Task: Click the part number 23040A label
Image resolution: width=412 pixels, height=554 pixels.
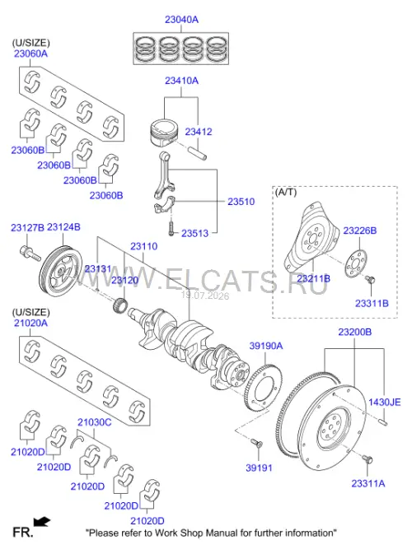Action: tap(181, 20)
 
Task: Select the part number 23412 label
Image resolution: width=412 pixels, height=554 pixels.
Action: tap(199, 132)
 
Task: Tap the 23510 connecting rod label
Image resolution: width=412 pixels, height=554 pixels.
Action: tap(241, 202)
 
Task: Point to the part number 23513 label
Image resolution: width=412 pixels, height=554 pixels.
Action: tap(194, 233)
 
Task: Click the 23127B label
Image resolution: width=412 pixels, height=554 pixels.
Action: tap(27, 227)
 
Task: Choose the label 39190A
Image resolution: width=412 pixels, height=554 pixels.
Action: tap(266, 346)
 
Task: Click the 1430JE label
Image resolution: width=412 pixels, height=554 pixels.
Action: tap(385, 402)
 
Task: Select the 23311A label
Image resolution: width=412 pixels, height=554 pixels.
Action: tap(368, 483)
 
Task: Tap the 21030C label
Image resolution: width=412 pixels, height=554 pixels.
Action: tap(95, 422)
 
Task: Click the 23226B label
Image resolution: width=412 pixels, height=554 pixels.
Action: tap(359, 230)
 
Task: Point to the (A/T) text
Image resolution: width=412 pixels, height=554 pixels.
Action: tap(286, 192)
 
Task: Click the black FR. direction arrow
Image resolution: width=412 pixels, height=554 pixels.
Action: tap(42, 522)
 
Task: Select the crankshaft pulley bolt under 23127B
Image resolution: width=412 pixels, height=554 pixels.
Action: tap(30, 254)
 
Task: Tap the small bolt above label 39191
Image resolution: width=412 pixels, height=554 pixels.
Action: tap(255, 442)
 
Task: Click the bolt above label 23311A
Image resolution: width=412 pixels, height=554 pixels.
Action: tap(367, 459)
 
